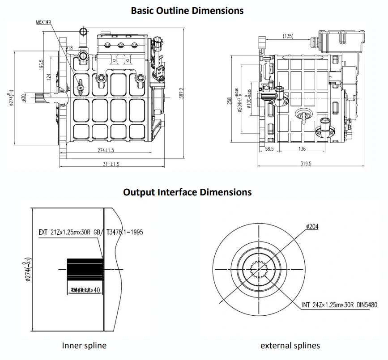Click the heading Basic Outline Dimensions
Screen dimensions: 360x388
[187, 10]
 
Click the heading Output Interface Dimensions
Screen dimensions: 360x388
[187, 192]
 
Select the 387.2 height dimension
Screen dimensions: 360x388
[182, 94]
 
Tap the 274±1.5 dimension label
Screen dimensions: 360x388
[106, 150]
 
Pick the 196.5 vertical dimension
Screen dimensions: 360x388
[41, 66]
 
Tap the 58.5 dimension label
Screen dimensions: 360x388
[269, 149]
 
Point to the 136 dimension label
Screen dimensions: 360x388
[302, 149]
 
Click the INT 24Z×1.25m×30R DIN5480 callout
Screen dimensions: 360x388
[339, 305]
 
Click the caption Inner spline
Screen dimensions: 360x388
[84, 345]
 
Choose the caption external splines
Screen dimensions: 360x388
[290, 345]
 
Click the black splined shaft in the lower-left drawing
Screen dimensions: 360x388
[85, 270]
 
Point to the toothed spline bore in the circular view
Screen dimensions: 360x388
[260, 269]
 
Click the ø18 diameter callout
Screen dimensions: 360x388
[69, 47]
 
